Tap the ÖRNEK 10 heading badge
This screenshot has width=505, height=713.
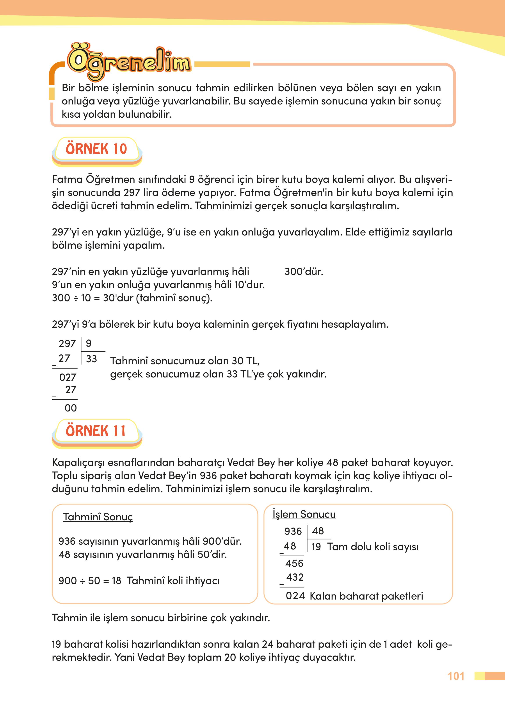(x=96, y=149)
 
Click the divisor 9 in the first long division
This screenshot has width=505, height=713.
(x=89, y=343)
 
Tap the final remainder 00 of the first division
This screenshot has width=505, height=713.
(x=71, y=408)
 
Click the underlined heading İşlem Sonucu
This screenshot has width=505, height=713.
(x=304, y=514)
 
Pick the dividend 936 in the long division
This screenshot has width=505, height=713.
(x=293, y=531)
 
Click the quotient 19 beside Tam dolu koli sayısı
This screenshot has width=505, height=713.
(x=316, y=547)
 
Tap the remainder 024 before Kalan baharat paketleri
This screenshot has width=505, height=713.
(x=295, y=596)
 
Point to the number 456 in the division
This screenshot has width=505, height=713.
(x=294, y=563)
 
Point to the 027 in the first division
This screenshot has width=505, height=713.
(x=68, y=377)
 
